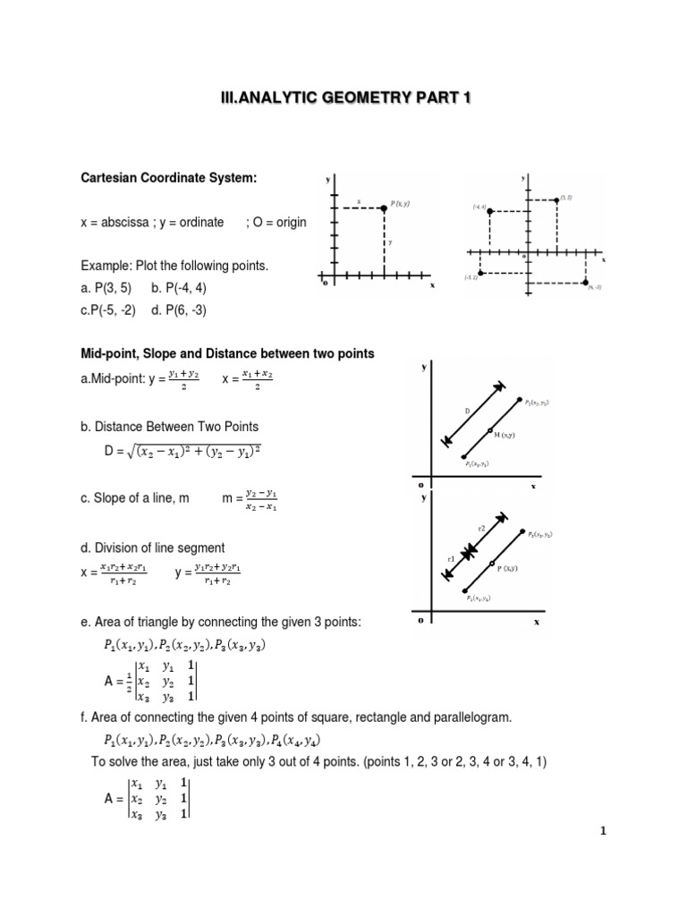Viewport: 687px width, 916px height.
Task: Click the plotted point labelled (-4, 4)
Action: coord(489,211)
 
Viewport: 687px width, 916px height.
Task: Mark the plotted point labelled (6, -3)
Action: coord(586,282)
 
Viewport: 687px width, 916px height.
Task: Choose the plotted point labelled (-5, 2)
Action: coord(480,272)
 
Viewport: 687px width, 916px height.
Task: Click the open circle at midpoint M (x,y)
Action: coord(490,431)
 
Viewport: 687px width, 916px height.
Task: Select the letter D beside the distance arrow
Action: coord(467,411)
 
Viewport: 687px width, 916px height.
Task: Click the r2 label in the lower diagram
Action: coord(480,529)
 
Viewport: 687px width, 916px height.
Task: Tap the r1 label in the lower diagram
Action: coord(451,559)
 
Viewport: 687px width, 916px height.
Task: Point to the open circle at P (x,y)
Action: coord(491,564)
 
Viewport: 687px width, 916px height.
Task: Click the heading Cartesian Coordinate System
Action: coord(168,178)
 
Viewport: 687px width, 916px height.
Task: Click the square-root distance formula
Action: coord(194,453)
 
